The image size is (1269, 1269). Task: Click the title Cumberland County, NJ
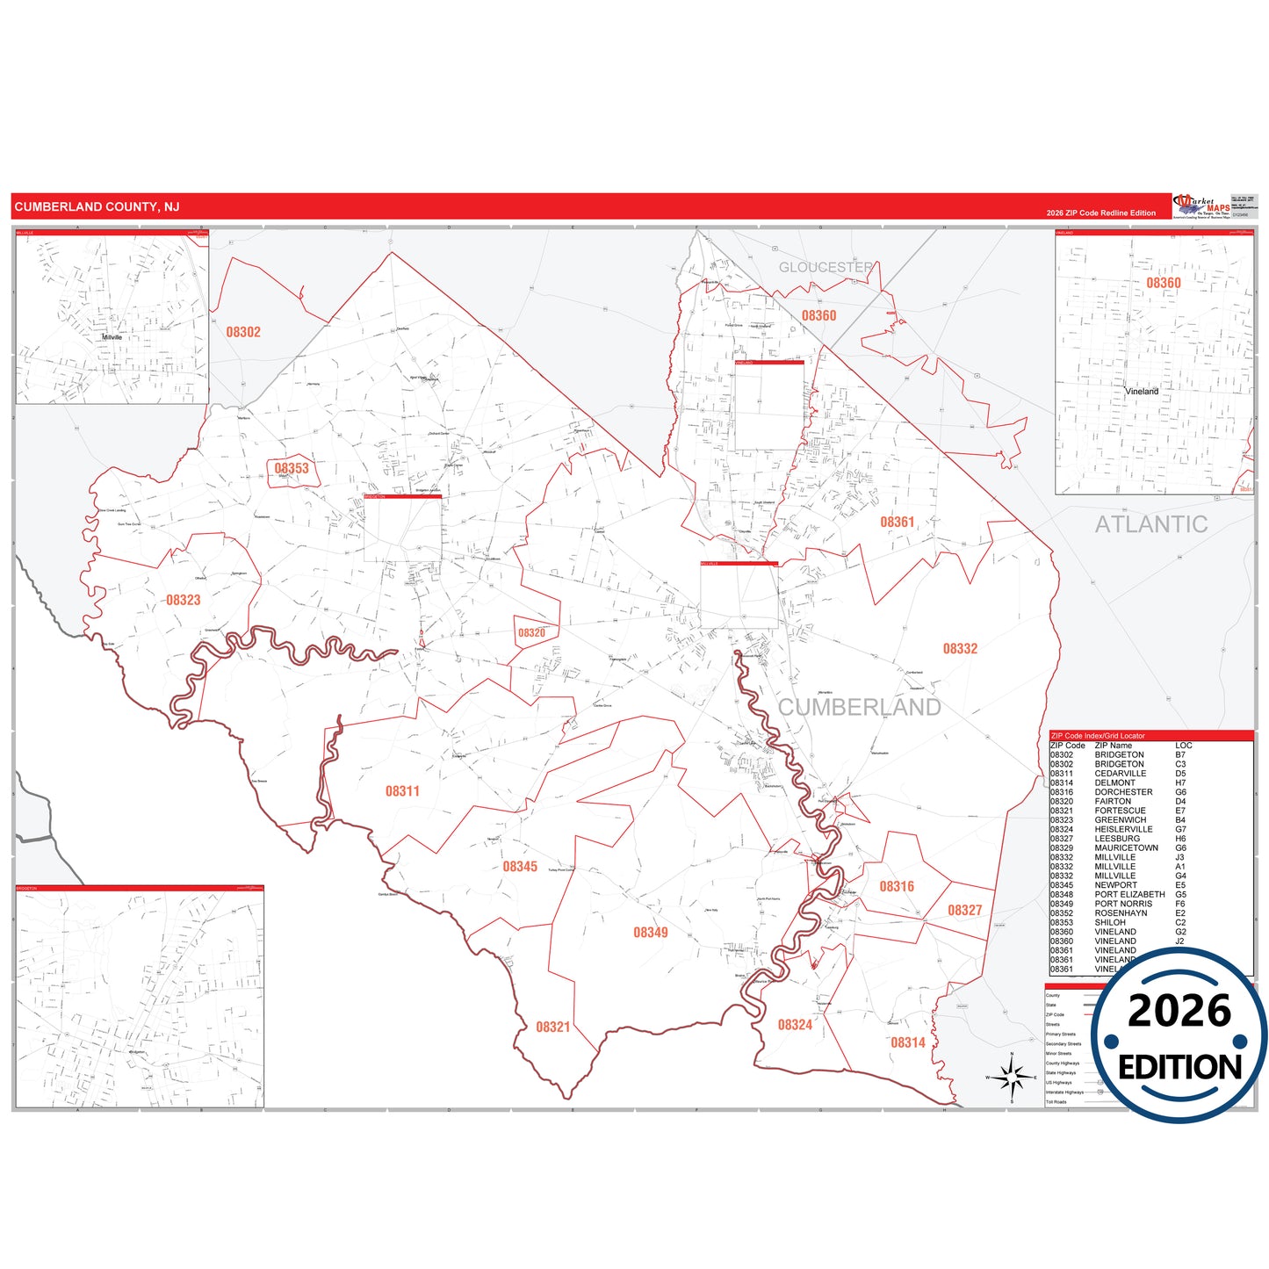point(97,206)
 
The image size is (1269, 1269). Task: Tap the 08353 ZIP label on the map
point(292,469)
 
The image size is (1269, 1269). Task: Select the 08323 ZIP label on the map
point(183,601)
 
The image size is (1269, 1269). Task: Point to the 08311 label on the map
point(402,791)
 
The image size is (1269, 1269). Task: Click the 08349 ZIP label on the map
point(651,933)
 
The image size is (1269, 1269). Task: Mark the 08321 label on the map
point(553,1027)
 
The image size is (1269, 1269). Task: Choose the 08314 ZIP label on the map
point(908,1043)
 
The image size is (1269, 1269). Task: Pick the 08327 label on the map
point(964,911)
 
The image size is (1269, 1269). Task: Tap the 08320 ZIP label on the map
point(531,633)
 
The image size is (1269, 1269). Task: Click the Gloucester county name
point(826,267)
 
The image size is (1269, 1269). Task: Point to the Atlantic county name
point(1150,524)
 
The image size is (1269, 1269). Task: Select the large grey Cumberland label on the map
point(859,708)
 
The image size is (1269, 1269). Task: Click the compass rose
point(1012,1075)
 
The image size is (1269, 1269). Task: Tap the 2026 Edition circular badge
point(1179,1036)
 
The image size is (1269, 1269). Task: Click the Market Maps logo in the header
point(1201,206)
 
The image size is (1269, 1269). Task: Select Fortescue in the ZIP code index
point(1120,811)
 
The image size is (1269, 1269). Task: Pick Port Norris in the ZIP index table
point(1123,904)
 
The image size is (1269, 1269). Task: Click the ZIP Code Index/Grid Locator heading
point(1098,736)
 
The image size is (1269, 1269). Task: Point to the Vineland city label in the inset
point(1142,392)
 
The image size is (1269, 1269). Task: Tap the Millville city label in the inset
point(112,337)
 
